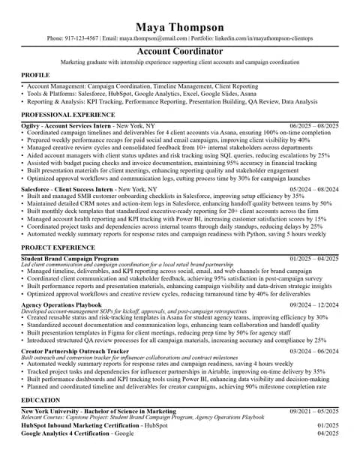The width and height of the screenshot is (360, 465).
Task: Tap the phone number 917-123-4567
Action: [82, 37]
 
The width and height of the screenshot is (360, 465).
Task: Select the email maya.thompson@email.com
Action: [154, 37]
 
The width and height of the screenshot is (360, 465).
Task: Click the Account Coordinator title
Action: [180, 51]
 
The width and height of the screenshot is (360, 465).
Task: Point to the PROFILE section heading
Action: [35, 76]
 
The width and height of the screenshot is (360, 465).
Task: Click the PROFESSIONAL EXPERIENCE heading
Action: [57, 115]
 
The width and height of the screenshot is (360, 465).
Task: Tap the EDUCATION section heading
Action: [40, 400]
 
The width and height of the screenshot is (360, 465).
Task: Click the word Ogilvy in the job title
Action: [31, 125]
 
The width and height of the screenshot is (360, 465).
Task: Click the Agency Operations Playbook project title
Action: [61, 304]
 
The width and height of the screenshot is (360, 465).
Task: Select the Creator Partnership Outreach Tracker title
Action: [75, 350]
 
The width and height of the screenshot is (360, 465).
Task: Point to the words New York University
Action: [51, 412]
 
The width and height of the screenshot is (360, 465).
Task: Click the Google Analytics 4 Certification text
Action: [66, 433]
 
